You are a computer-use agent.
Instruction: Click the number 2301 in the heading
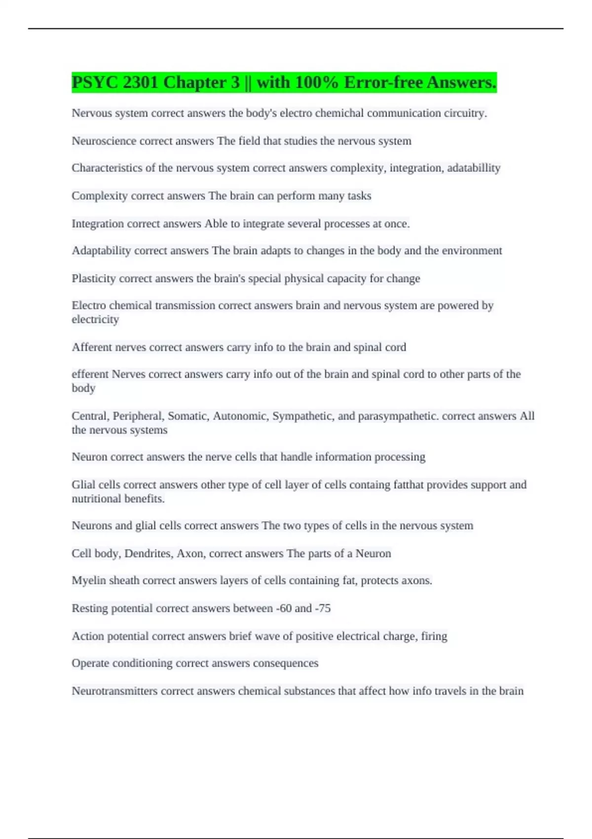[x=140, y=82]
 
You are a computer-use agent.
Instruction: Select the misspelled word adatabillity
[x=474, y=168]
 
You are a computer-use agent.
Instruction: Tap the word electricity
[x=95, y=320]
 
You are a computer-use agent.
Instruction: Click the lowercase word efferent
[x=90, y=375]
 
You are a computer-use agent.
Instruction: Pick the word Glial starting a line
[x=83, y=485]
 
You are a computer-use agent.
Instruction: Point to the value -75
[x=322, y=609]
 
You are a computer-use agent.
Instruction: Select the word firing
[x=434, y=636]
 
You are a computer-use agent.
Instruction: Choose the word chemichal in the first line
[x=339, y=114]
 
